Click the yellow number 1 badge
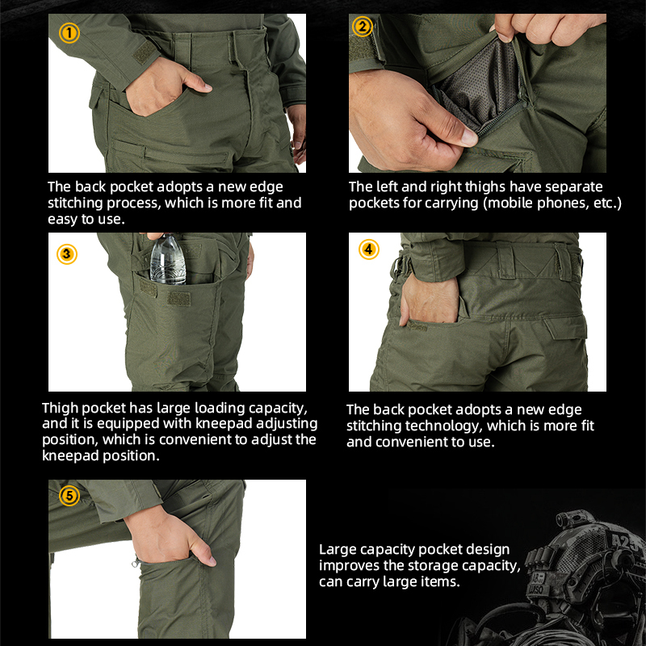[69, 33]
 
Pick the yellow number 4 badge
[368, 249]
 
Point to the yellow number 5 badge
[69, 495]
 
